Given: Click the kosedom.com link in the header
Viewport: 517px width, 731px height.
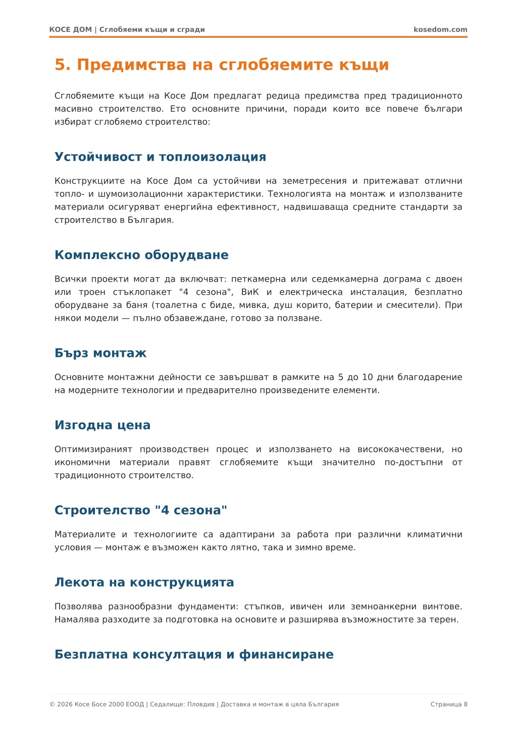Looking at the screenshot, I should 440,30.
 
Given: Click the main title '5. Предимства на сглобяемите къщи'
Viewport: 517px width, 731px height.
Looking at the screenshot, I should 222,65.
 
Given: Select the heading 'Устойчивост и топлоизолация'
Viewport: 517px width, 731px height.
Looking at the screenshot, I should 160,157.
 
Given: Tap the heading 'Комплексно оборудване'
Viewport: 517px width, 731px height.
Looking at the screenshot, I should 141,255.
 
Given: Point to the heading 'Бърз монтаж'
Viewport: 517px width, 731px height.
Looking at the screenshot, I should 100,353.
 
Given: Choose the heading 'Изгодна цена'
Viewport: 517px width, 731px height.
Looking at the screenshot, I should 102,425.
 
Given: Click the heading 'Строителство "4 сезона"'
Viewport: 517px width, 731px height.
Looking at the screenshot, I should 141,510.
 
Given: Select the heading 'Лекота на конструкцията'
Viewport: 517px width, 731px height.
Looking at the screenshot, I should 144,583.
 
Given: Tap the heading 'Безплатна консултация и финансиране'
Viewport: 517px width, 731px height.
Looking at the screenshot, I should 194,655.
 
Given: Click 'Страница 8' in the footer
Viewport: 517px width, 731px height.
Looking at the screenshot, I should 449,704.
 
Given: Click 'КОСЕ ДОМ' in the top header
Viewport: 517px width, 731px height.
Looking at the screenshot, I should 71,30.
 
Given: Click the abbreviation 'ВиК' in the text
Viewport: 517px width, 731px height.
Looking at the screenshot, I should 250,292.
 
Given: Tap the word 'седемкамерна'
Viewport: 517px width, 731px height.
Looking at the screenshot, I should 345,279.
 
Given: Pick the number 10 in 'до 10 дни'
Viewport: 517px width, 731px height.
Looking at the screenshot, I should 368,377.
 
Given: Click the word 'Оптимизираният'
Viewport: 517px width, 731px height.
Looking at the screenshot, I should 93,449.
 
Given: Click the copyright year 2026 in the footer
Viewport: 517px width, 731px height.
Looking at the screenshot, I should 65,704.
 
